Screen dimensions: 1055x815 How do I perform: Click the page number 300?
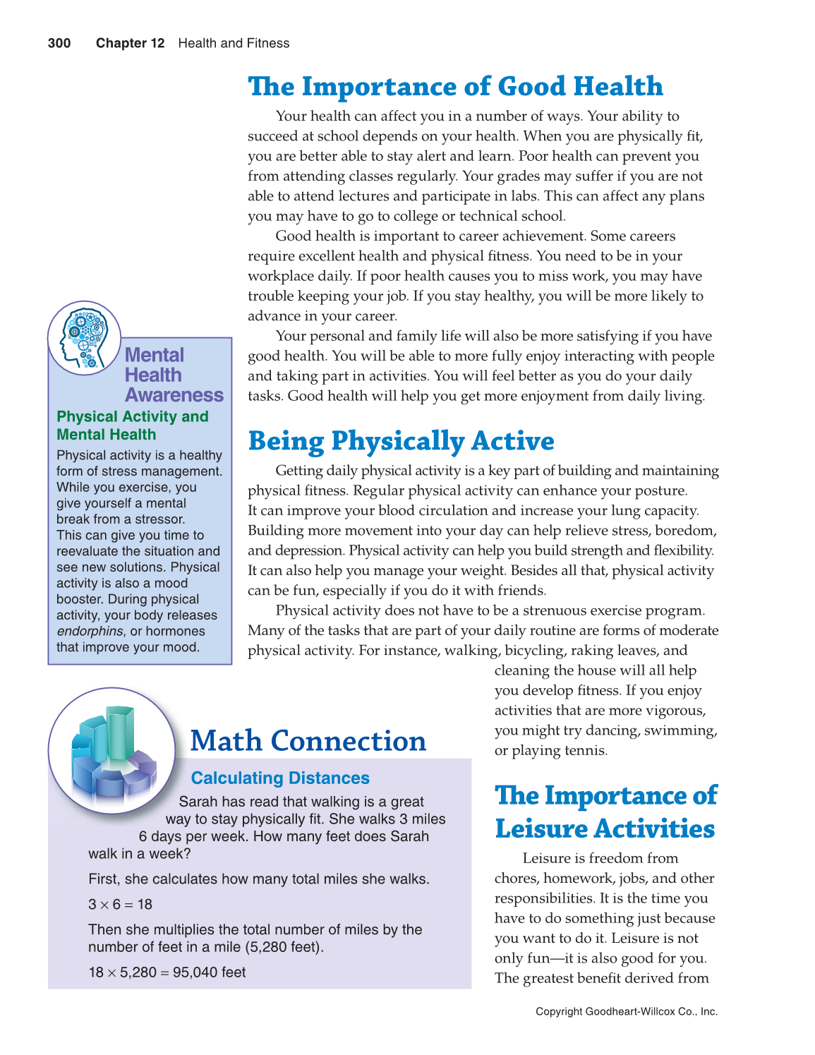point(59,43)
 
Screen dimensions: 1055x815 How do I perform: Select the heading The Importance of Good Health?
point(455,87)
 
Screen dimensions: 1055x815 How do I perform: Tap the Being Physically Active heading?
point(401,441)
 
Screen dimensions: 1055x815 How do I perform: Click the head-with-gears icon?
point(83,338)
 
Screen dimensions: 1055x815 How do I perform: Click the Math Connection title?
point(308,741)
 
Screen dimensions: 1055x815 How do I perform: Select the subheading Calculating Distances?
point(280,778)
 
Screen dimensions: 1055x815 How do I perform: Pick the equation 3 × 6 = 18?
point(120,904)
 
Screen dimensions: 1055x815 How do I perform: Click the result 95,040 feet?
point(209,972)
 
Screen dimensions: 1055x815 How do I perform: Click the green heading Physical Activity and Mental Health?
point(133,426)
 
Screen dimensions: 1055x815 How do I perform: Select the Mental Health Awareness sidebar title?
point(174,375)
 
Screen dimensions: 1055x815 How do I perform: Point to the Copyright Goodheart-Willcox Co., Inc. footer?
point(627,1011)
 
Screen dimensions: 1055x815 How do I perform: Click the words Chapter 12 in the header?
point(130,43)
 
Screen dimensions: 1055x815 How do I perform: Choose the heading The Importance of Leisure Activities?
point(605,812)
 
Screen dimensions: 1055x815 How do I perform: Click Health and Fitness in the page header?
point(234,43)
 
